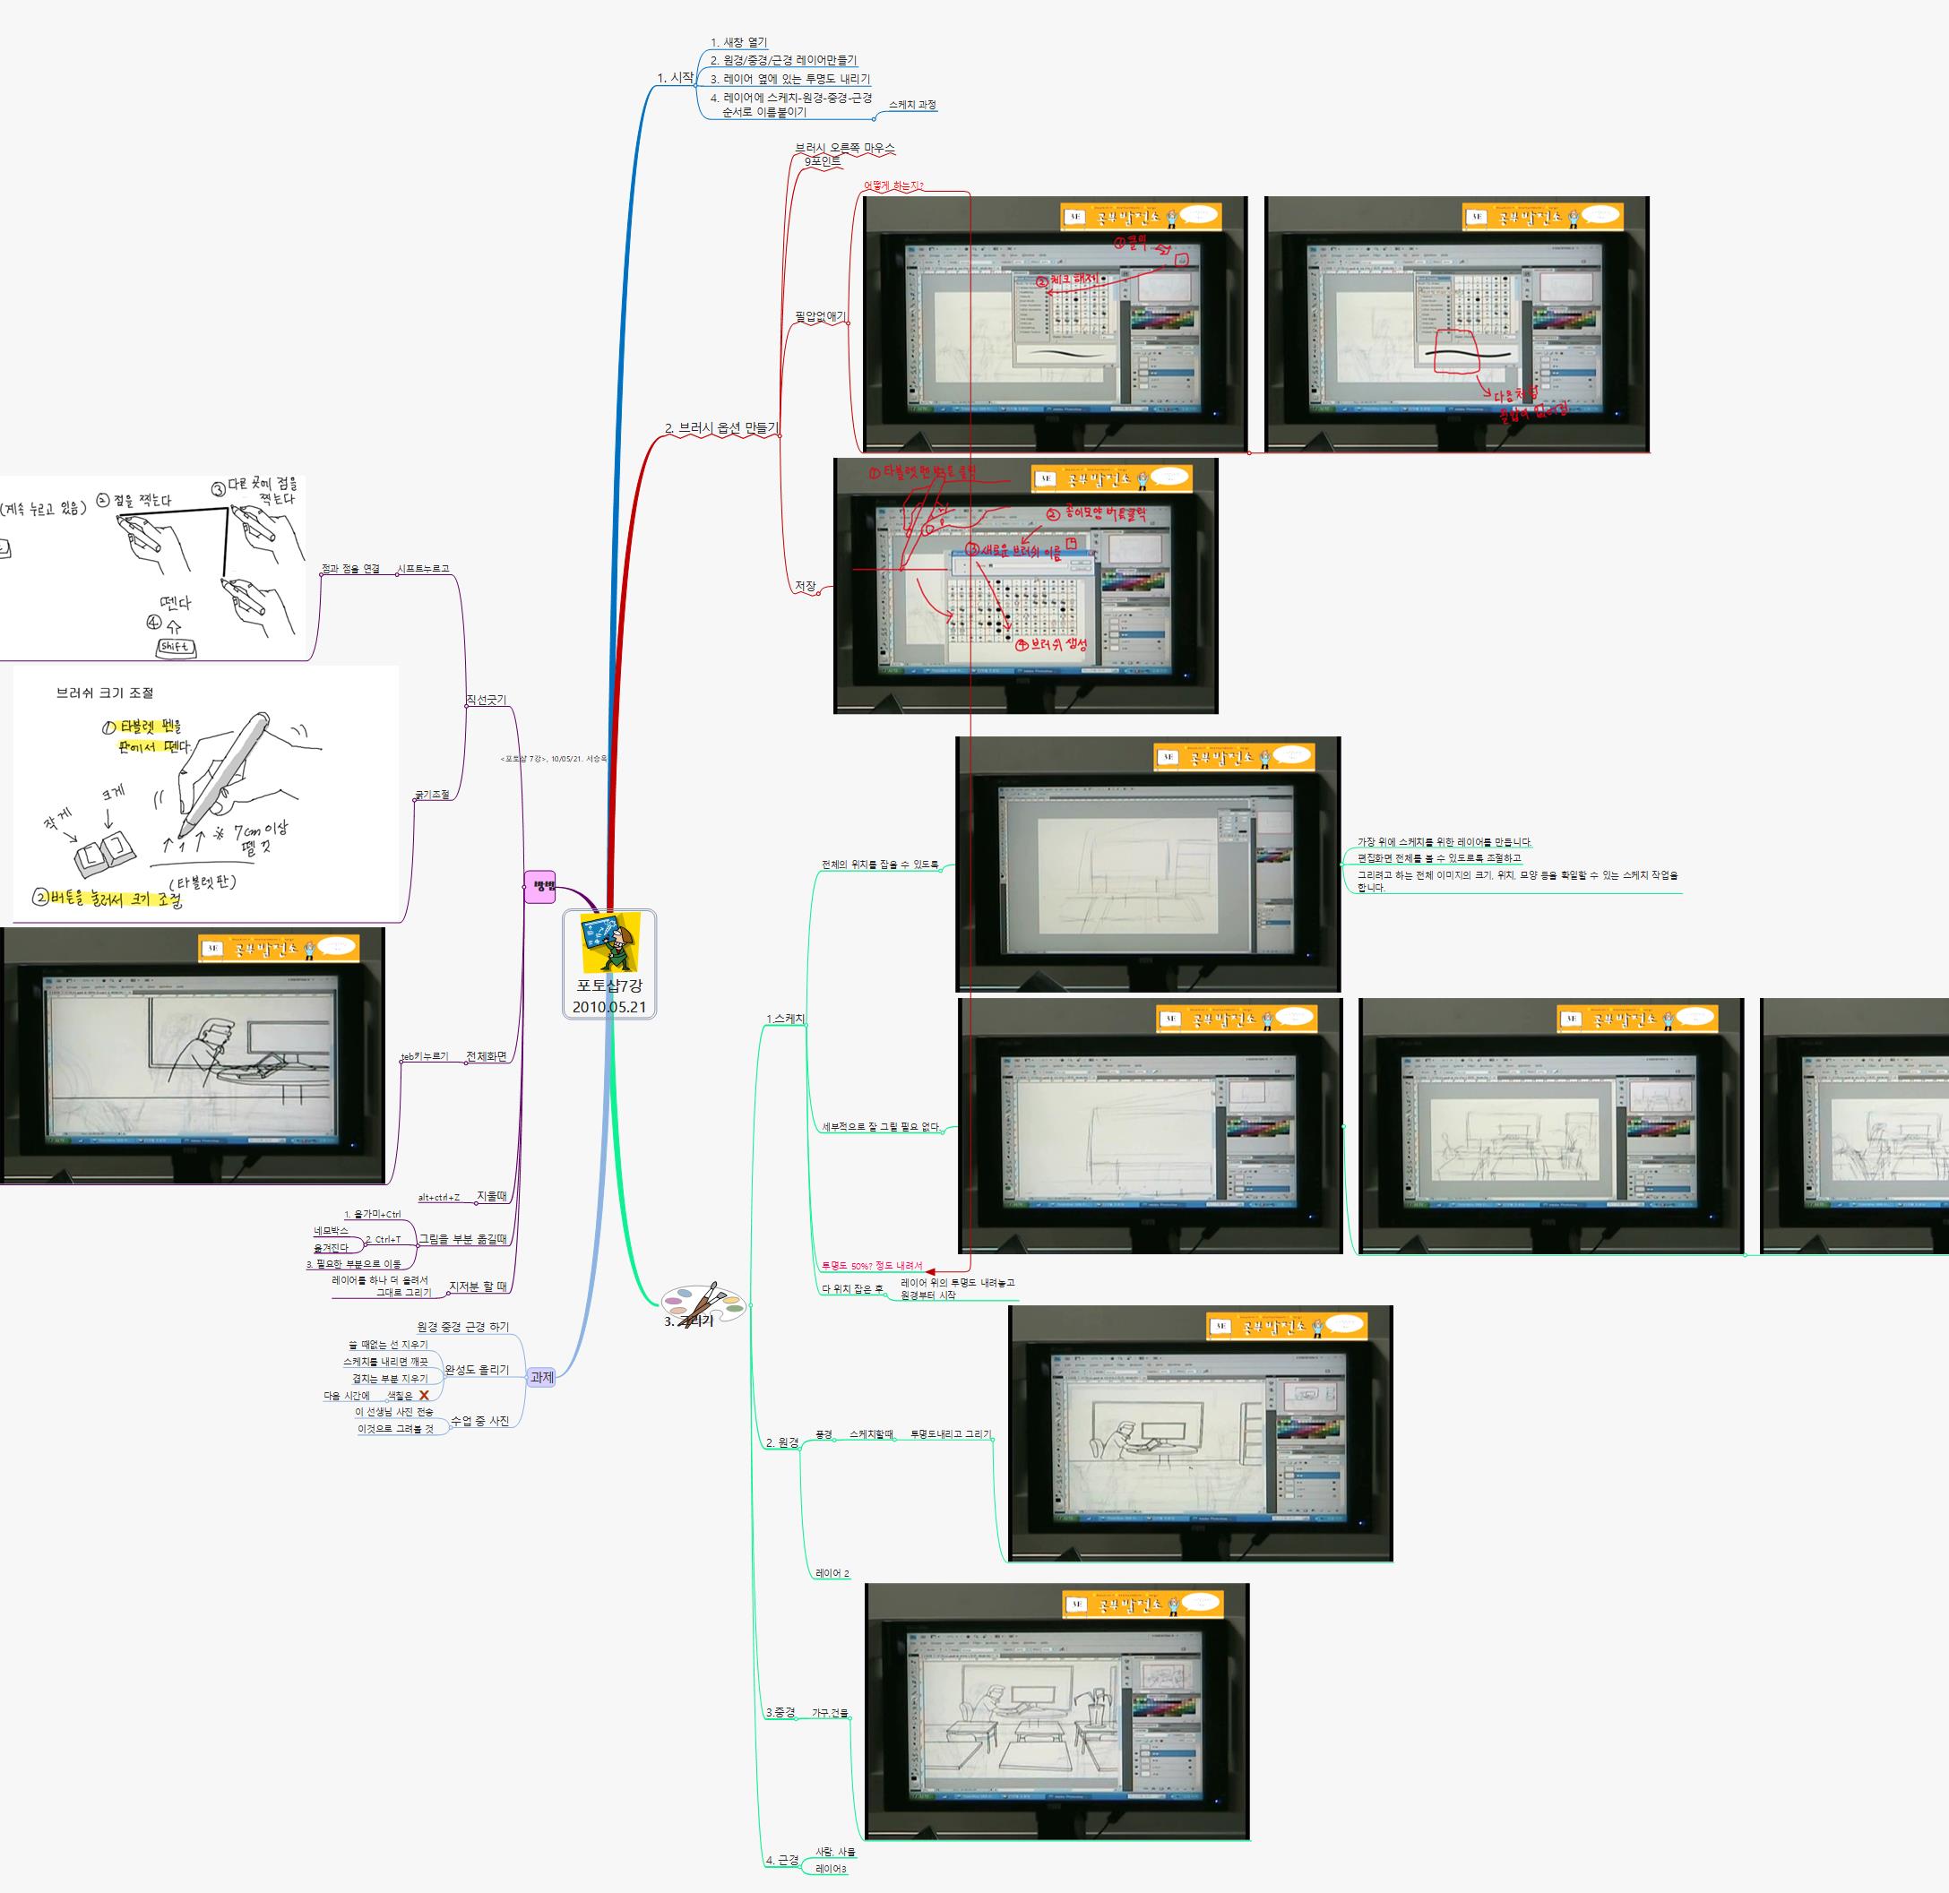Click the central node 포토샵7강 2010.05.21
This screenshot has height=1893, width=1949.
point(608,994)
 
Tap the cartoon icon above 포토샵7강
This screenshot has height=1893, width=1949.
point(609,942)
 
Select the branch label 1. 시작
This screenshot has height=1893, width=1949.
point(675,78)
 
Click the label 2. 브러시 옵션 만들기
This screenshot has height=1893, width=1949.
point(721,428)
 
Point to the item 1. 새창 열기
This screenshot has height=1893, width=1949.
point(739,43)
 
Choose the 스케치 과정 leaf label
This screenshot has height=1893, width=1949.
point(912,106)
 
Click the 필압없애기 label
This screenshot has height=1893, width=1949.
point(820,317)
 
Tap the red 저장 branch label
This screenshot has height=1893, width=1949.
point(806,587)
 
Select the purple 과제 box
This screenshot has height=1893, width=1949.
point(542,1377)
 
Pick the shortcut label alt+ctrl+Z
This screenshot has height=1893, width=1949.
point(438,1197)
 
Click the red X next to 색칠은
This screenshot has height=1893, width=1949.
point(424,1396)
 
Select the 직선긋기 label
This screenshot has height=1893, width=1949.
point(487,701)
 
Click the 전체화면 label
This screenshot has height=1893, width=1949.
point(487,1057)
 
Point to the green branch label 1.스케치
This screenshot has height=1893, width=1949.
point(786,1020)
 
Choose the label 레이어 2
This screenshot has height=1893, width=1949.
point(832,1574)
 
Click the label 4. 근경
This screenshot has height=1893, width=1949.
point(782,1859)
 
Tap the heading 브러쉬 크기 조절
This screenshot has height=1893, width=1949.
point(105,693)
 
